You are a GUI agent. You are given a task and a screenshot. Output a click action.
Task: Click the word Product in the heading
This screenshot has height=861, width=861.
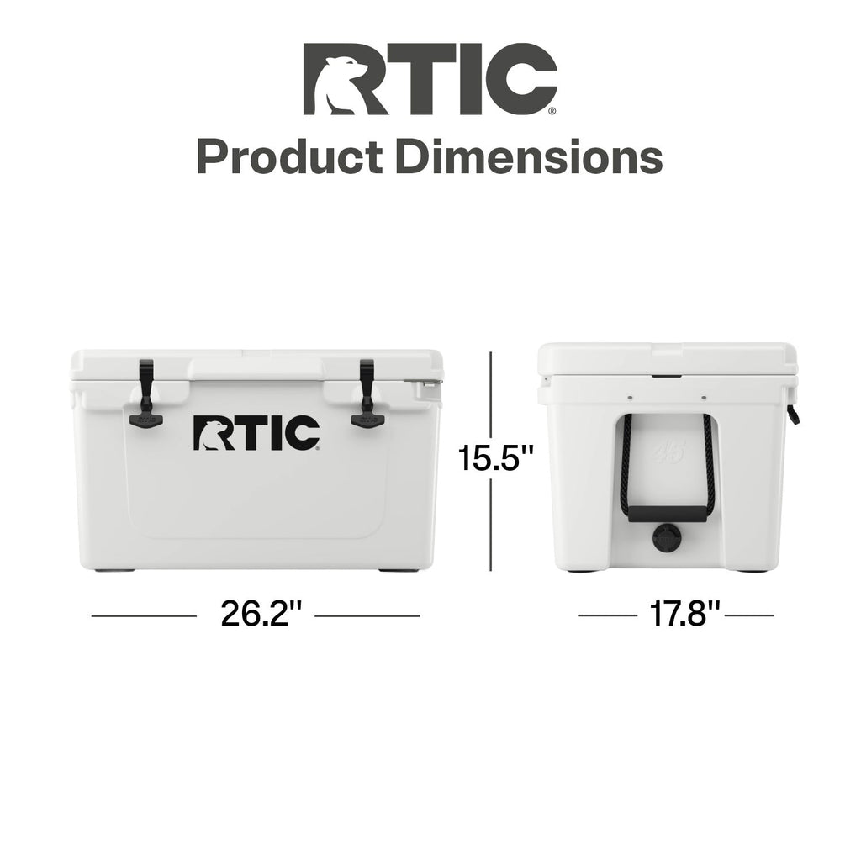point(289,157)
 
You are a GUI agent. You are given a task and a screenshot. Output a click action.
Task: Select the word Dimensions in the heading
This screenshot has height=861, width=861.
point(529,157)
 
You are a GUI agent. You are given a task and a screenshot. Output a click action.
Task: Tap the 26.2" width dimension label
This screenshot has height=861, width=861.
point(262,614)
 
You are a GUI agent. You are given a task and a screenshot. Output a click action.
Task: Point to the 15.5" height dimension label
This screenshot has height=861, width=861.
point(496,458)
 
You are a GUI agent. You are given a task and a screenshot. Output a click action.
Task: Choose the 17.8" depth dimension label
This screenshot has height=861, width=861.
point(684,614)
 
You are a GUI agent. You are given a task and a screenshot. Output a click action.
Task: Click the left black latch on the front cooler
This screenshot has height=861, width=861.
point(146,394)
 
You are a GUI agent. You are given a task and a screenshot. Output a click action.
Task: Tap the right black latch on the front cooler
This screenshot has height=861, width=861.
point(367,394)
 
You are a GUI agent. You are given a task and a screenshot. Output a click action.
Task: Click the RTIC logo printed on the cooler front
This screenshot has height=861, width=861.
point(256,433)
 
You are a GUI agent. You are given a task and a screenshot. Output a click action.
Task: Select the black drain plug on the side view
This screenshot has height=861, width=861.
point(667,538)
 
